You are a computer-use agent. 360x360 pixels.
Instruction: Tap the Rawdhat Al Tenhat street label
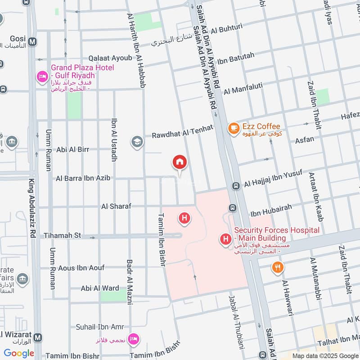(x=182, y=132)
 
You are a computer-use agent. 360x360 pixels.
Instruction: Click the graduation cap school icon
(x=137, y=142)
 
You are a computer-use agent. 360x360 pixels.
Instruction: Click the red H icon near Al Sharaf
(x=184, y=219)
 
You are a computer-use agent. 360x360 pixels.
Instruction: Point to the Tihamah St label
(x=62, y=235)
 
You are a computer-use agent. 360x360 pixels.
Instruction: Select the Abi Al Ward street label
(x=100, y=288)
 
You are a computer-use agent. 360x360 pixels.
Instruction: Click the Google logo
(x=19, y=353)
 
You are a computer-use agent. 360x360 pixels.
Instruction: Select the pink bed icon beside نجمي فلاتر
(x=133, y=339)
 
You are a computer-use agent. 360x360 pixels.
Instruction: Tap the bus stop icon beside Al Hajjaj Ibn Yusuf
(x=235, y=185)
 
